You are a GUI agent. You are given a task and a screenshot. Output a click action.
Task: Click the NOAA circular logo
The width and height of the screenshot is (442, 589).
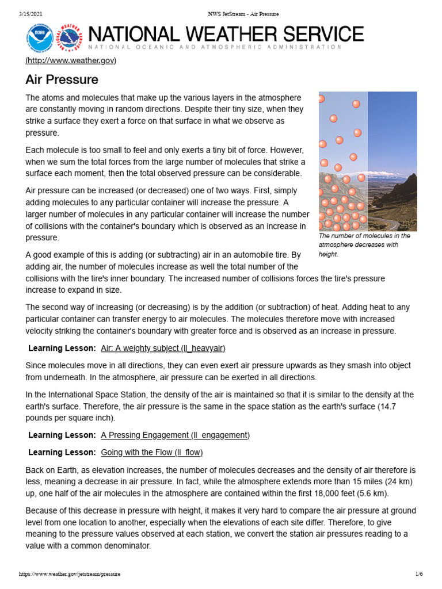click(40, 39)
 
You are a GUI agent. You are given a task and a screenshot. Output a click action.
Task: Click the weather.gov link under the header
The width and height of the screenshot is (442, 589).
click(71, 60)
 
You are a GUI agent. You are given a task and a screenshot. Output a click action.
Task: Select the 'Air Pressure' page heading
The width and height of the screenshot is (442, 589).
click(62, 79)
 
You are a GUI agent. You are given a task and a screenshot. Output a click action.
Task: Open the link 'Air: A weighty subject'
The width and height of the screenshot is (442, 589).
click(163, 348)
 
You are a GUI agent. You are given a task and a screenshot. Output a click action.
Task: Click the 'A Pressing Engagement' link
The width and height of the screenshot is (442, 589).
click(175, 435)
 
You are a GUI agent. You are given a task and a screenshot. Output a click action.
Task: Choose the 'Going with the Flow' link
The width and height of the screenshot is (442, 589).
click(152, 452)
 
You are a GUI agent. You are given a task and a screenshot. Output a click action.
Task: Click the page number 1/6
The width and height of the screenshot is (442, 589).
click(419, 574)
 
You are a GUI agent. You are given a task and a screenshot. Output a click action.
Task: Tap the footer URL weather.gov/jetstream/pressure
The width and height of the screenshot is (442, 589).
click(70, 574)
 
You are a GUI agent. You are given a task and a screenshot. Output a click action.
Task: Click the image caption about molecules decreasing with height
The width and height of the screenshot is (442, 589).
click(364, 244)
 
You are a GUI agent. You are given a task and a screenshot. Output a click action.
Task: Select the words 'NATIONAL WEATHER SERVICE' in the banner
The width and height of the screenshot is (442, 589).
click(225, 34)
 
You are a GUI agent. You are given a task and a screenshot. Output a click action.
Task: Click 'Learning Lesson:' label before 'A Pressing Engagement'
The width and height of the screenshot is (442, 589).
click(62, 435)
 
